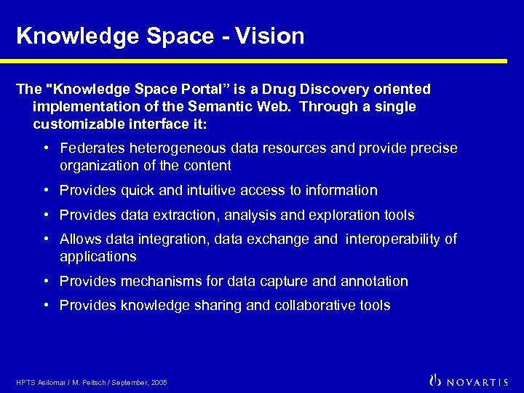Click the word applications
[x=98, y=256]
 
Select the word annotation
[x=373, y=281]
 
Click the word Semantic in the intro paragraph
[x=223, y=107]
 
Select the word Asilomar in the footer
[x=51, y=382]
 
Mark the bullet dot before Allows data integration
[x=46, y=239]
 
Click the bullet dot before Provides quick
[x=46, y=190]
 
